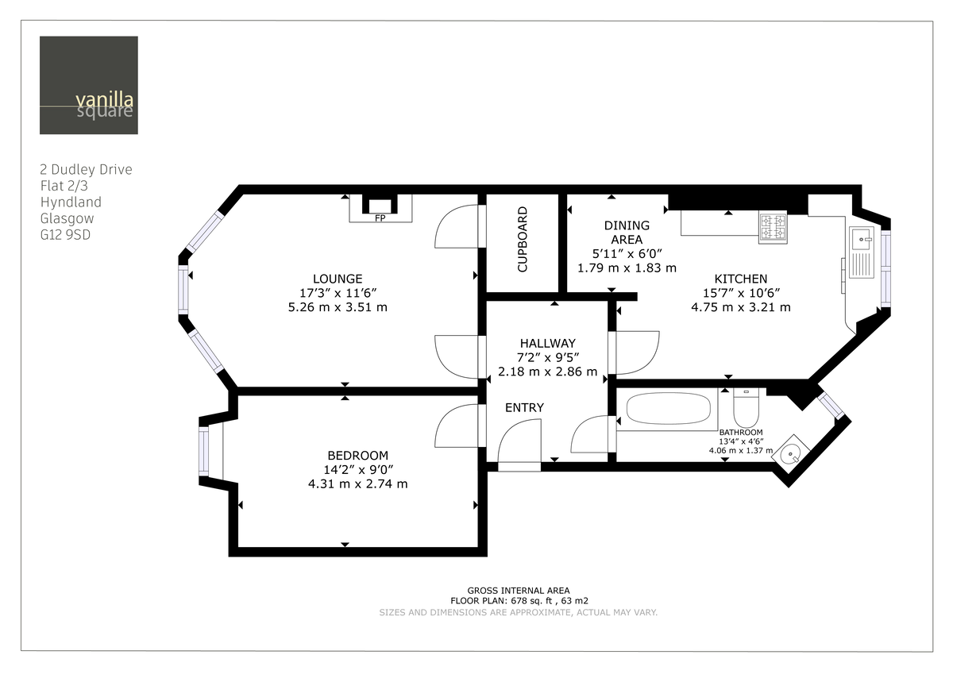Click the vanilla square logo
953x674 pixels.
pyautogui.click(x=88, y=85)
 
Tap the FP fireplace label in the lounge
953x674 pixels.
pyautogui.click(x=380, y=218)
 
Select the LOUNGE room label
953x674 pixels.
pyautogui.click(x=338, y=279)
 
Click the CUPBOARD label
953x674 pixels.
pyautogui.click(x=522, y=240)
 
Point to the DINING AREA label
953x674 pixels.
pyautogui.click(x=627, y=233)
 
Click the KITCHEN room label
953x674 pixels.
pyautogui.click(x=740, y=279)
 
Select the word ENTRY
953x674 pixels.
pyautogui.click(x=524, y=408)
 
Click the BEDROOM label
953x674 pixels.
pyautogui.click(x=357, y=456)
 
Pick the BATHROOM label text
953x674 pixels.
pyautogui.click(x=740, y=432)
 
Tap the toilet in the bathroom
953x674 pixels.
pyautogui.click(x=747, y=407)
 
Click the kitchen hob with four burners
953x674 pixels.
pyautogui.click(x=772, y=228)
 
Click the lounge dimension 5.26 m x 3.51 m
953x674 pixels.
pyautogui.click(x=338, y=307)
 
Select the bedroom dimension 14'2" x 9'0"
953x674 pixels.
pyautogui.click(x=357, y=470)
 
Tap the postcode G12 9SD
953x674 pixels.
pyautogui.click(x=65, y=235)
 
